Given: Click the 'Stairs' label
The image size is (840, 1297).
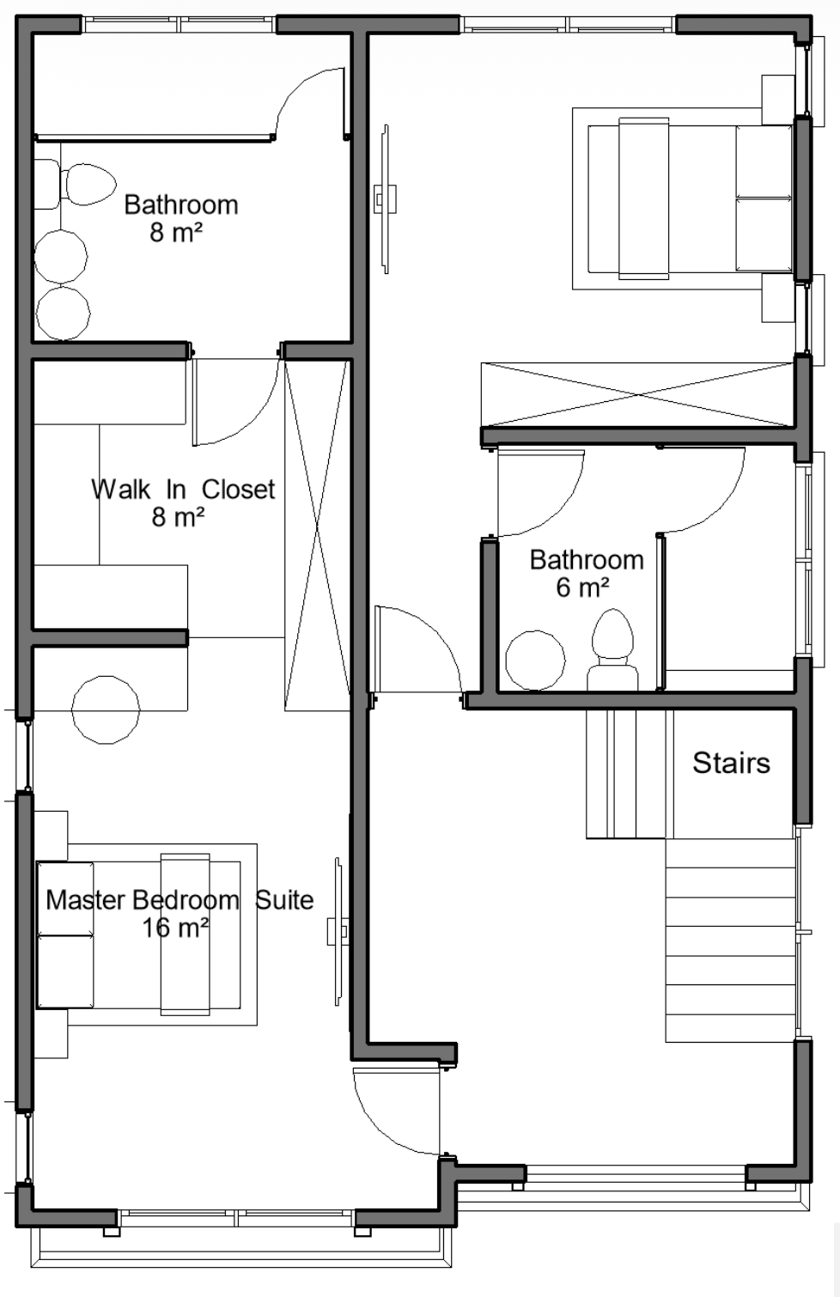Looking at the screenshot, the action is [731, 763].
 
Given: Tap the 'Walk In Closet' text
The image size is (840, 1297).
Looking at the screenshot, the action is [183, 490].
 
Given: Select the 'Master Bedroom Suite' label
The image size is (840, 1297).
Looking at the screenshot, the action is [180, 900].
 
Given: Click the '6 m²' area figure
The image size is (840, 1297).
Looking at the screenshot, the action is [582, 588].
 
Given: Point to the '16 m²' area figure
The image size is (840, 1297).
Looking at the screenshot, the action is [175, 928].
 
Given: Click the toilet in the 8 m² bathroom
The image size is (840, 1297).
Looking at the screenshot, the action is [76, 184].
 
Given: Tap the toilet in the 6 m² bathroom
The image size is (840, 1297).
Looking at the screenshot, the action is [612, 649].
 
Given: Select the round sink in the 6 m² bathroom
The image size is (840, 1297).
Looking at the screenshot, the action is [535, 661].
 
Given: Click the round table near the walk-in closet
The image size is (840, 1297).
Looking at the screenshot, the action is [106, 709].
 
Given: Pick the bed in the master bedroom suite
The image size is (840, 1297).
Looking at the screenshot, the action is [139, 935].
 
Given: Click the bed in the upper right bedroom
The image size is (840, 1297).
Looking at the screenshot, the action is [690, 198].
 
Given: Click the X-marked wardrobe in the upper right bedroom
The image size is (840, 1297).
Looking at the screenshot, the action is [636, 395].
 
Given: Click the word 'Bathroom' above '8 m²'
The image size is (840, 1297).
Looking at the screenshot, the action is [181, 205].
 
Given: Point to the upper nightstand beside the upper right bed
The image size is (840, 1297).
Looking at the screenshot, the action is [777, 100].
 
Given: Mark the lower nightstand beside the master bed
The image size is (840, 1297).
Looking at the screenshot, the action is [51, 1033].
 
